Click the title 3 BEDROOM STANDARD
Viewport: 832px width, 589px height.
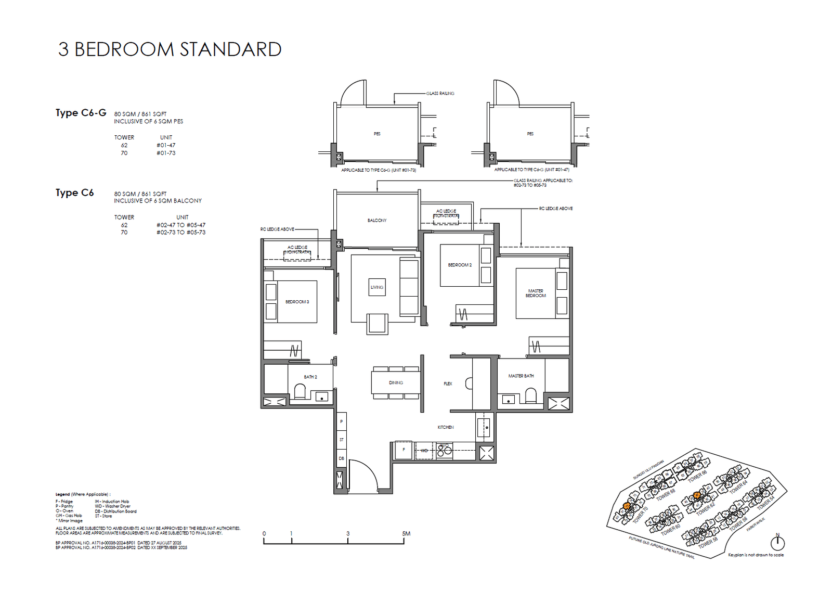click(x=170, y=49)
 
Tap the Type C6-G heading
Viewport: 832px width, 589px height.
click(x=81, y=113)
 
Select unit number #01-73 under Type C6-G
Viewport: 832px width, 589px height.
click(x=166, y=153)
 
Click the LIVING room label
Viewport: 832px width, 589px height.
click(x=377, y=287)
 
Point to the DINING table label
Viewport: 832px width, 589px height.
click(x=396, y=382)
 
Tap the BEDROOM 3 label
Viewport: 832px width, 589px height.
click(x=297, y=302)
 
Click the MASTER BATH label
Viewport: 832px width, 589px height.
click(x=521, y=376)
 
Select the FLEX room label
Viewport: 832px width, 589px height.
click(x=448, y=383)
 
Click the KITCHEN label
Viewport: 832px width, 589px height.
click(x=445, y=427)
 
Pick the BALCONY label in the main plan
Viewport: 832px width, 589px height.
click(x=377, y=221)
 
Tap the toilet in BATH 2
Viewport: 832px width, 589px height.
click(x=300, y=391)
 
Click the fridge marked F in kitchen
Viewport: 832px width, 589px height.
click(x=404, y=450)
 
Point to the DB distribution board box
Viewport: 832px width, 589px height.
click(x=341, y=458)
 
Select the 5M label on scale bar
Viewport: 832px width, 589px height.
click(x=406, y=533)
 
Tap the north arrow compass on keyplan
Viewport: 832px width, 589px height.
click(x=777, y=543)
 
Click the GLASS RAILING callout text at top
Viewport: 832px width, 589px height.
click(x=440, y=94)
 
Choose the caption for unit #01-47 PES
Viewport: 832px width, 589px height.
click(x=531, y=170)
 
